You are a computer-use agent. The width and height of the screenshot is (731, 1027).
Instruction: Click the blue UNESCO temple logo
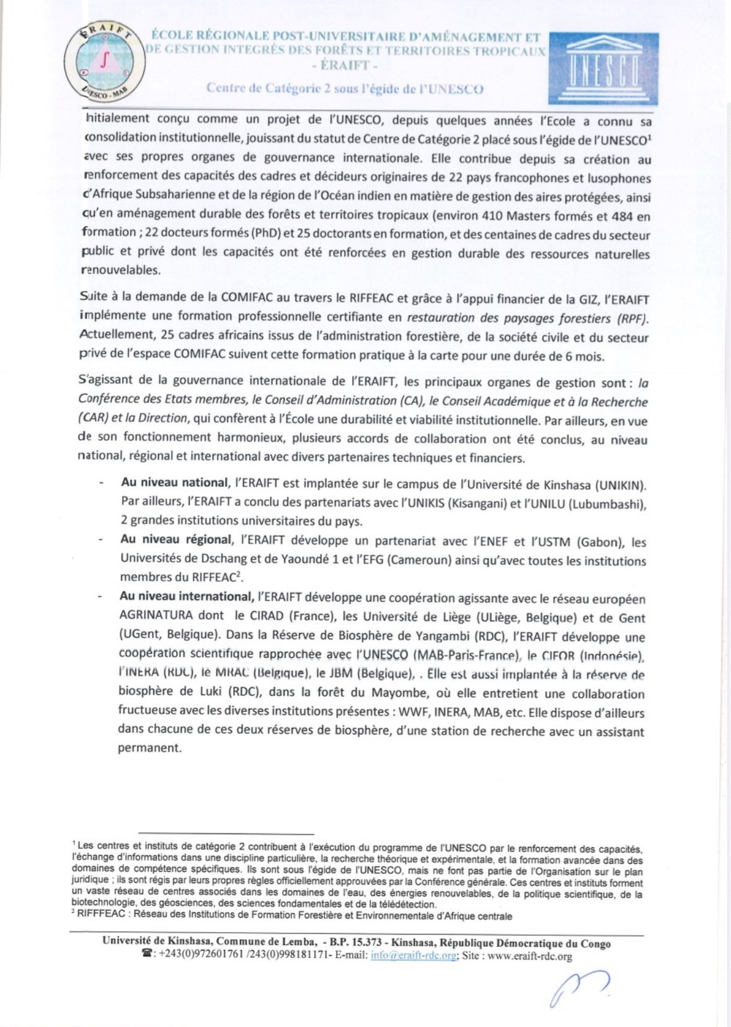603,68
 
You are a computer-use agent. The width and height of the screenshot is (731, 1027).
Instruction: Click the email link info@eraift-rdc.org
414,956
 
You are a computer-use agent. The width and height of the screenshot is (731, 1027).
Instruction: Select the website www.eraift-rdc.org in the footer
529,956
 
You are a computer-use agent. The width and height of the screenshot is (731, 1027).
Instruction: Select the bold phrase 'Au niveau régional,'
177,540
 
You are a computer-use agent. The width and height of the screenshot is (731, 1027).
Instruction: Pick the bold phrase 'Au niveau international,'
187,597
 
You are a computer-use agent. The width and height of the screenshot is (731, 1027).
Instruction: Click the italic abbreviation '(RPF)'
632,319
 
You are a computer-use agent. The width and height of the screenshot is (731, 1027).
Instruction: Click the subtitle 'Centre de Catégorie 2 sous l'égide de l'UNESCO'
345,88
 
